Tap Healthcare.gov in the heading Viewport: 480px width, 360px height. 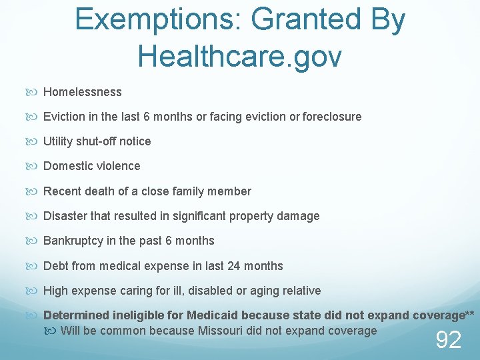tap(239, 55)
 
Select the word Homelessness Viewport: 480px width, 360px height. tap(83, 92)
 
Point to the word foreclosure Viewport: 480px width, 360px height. tap(332, 117)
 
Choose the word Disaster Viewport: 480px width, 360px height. tap(66, 216)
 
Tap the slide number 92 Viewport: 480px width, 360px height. tap(448, 340)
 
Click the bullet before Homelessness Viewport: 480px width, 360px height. tap(37, 92)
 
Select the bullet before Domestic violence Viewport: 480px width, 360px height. tap(37, 166)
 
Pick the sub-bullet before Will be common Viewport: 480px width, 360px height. tap(53, 331)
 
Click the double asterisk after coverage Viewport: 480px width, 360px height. tap(470, 314)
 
